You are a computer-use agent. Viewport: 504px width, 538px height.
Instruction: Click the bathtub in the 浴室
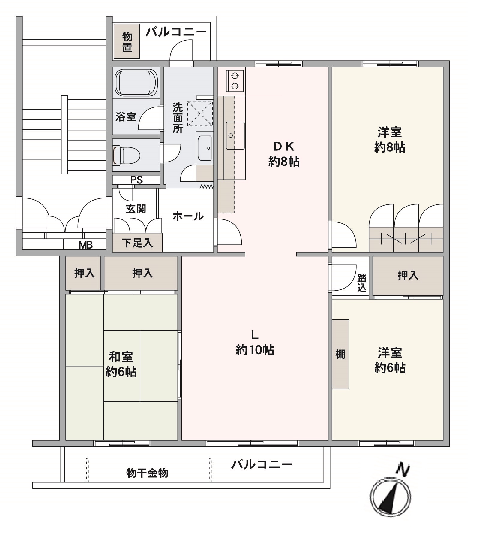tap(136, 83)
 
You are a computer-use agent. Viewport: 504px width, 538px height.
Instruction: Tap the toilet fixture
tap(126, 155)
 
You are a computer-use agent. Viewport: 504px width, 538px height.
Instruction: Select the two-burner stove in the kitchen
tap(235, 80)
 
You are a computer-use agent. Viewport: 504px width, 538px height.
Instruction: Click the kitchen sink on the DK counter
tap(235, 135)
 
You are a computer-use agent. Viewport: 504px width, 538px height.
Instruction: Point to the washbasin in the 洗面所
tap(205, 148)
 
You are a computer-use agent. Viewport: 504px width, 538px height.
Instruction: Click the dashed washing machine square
tap(200, 113)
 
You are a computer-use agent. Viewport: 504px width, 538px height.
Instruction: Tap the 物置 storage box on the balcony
tap(127, 41)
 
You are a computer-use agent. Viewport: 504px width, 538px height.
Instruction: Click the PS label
tap(136, 180)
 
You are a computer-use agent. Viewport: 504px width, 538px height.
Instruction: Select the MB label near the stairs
tap(86, 245)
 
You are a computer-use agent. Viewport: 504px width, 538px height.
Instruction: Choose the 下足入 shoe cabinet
tap(137, 243)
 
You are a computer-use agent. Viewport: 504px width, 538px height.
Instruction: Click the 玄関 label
tap(136, 208)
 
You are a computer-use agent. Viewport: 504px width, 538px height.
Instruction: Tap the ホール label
tap(188, 216)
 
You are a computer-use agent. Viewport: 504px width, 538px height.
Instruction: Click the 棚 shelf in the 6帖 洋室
tap(340, 354)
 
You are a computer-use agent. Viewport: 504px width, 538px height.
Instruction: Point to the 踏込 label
tap(362, 283)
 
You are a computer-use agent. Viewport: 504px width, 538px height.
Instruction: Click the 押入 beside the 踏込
tap(408, 275)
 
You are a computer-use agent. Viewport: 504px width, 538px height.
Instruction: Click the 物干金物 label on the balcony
tap(147, 473)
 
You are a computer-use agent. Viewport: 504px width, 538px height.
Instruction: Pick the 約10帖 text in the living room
tap(255, 350)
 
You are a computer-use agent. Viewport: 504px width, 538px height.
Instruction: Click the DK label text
tap(284, 146)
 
